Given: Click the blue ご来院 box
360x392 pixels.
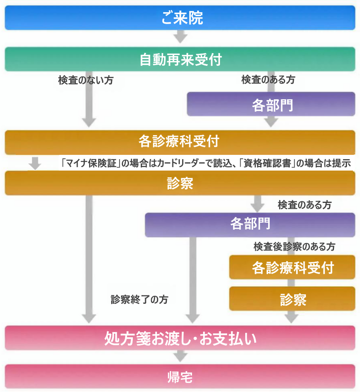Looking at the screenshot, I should (x=180, y=18).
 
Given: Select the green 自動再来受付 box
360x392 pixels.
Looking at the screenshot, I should (x=180, y=59).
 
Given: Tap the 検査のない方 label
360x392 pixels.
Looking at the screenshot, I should (x=86, y=80).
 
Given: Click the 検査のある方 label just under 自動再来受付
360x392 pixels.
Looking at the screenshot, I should (x=268, y=80).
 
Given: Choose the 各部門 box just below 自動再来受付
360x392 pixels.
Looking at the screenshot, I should (x=271, y=104).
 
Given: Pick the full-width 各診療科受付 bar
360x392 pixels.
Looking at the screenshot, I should (x=180, y=141).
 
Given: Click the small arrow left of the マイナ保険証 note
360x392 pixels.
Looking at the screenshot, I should (x=35, y=163).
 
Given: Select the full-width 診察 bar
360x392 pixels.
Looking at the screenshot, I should (x=180, y=183).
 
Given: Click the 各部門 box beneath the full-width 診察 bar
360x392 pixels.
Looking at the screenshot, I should (x=250, y=225).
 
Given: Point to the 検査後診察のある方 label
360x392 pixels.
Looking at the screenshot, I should (x=294, y=247).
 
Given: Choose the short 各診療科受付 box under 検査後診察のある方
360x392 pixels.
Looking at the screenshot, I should (x=292, y=268).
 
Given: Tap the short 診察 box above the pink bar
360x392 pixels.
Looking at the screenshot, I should (x=292, y=299).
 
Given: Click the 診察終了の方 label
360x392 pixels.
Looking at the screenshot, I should (x=140, y=299).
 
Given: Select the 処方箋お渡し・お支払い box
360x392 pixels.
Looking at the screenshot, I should (x=180, y=338).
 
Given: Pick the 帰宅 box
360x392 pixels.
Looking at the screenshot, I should (x=180, y=377).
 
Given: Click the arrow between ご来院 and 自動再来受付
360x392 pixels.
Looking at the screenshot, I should (x=180, y=38).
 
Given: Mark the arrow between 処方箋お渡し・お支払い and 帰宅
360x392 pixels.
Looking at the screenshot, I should (x=180, y=357).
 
